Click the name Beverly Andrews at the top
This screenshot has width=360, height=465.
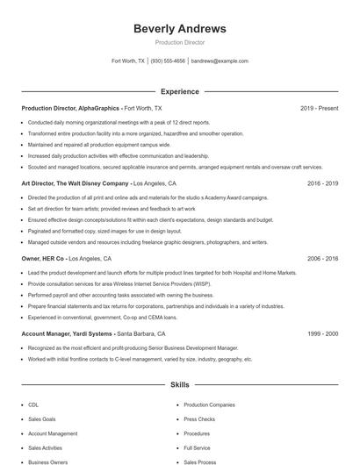click(x=179, y=29)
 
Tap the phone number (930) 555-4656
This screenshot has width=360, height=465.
click(x=168, y=61)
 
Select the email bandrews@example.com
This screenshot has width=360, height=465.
click(x=220, y=61)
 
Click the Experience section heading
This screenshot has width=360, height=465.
click(x=179, y=91)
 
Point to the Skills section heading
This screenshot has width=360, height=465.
click(x=179, y=384)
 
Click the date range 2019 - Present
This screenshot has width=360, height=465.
click(x=319, y=108)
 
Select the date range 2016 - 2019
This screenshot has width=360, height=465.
click(x=322, y=184)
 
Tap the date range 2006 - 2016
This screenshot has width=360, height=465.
click(x=322, y=260)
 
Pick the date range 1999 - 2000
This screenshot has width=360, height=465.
click(x=322, y=335)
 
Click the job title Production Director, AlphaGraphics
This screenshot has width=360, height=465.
click(x=70, y=108)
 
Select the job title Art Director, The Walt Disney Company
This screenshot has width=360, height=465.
click(x=75, y=184)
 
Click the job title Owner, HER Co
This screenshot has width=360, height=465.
click(x=43, y=260)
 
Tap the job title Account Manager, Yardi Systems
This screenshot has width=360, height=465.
click(x=67, y=335)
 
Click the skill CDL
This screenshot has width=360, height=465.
click(x=33, y=405)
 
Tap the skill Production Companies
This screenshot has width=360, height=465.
click(x=209, y=405)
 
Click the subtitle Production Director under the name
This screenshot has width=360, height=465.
click(x=179, y=42)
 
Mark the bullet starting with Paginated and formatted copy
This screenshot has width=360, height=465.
click(x=105, y=231)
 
